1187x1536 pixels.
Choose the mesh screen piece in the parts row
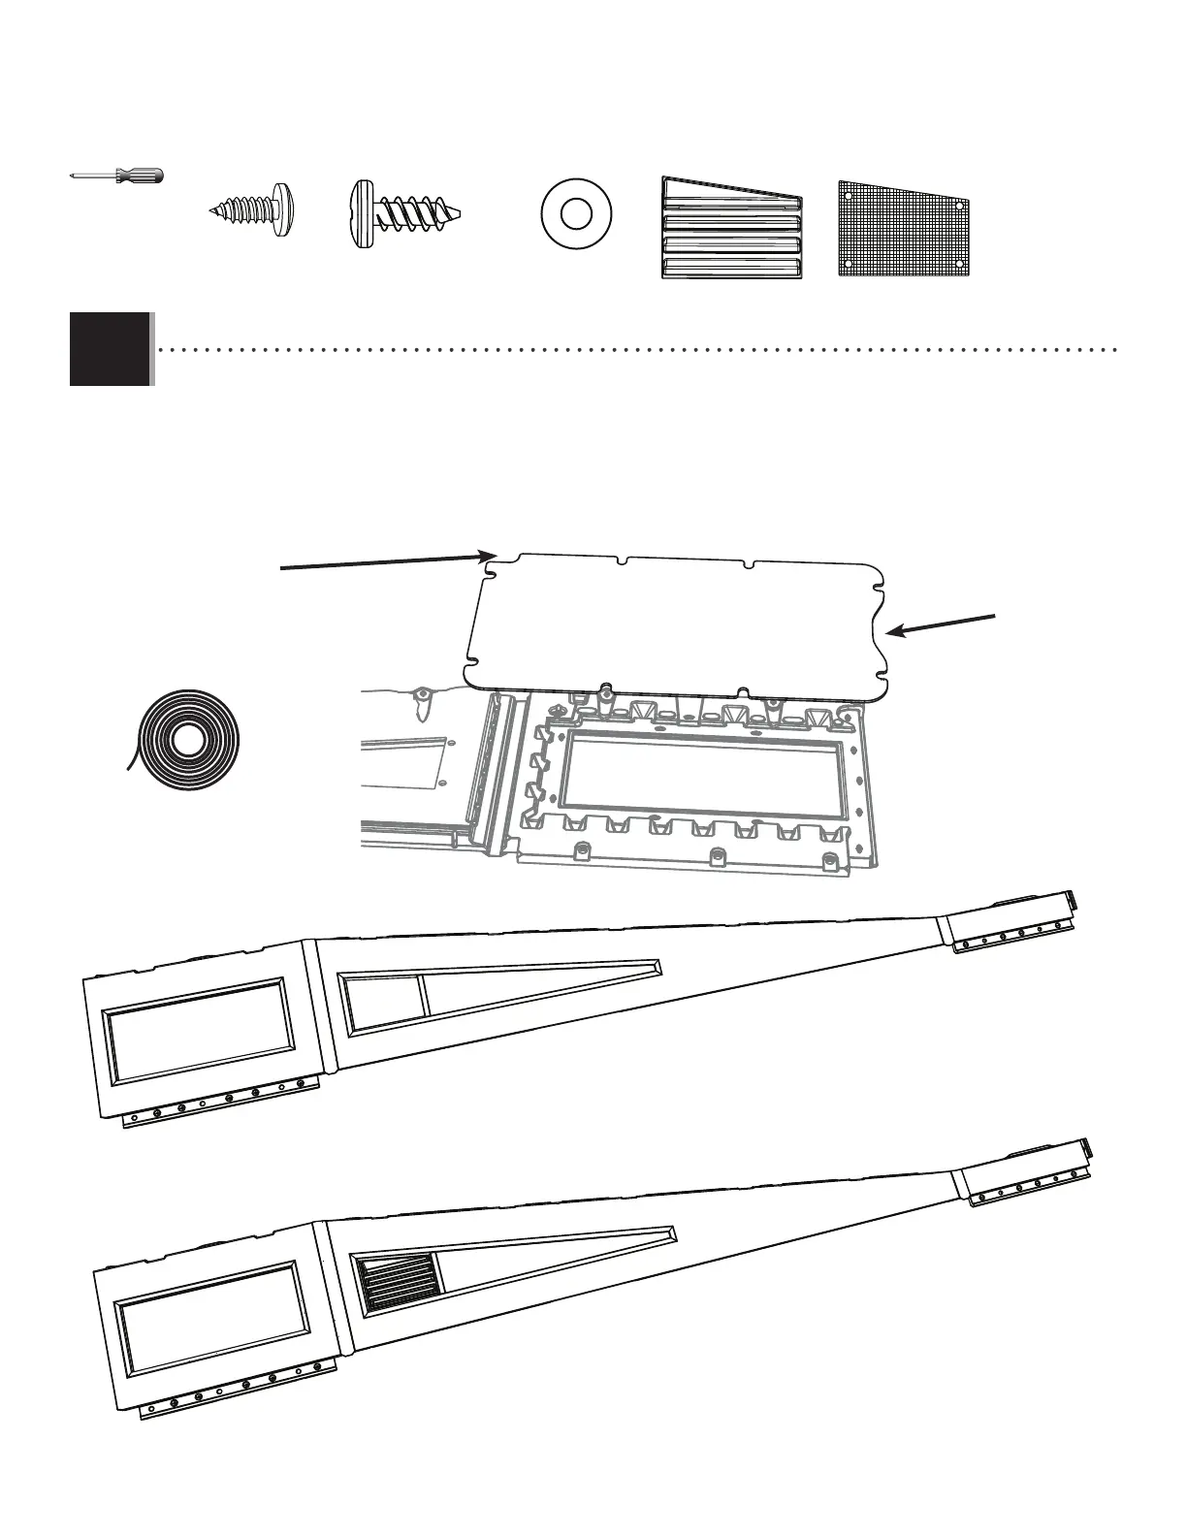pyautogui.click(x=904, y=227)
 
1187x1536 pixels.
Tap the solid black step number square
pyautogui.click(x=110, y=349)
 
